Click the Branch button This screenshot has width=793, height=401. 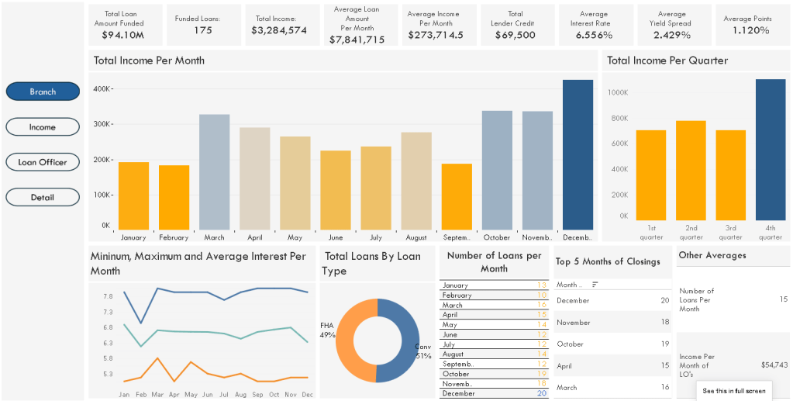(x=43, y=92)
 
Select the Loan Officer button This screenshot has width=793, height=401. (x=43, y=162)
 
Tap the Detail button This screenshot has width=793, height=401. (x=43, y=197)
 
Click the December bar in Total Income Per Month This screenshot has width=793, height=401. (x=578, y=154)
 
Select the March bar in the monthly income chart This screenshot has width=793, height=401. (x=215, y=171)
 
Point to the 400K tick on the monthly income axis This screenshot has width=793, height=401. (x=102, y=89)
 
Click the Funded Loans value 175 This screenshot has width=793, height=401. (x=203, y=30)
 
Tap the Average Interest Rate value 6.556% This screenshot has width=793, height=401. (x=594, y=35)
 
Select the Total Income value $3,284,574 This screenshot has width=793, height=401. (x=279, y=30)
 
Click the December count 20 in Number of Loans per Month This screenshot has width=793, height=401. (x=541, y=393)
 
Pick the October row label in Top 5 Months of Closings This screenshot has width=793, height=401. (x=570, y=344)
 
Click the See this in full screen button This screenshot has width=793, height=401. (x=733, y=391)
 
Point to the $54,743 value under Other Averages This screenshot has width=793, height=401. (x=774, y=364)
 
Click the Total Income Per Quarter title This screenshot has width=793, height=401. (x=667, y=60)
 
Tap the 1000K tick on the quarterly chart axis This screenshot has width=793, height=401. (x=617, y=92)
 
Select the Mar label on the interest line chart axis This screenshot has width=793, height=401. (x=157, y=395)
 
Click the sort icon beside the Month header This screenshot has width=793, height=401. (x=595, y=285)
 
